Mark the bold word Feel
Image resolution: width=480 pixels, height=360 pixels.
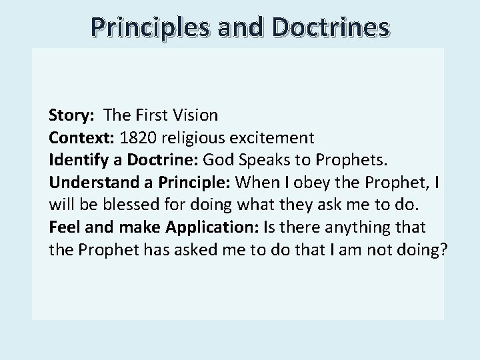coord(63,228)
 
